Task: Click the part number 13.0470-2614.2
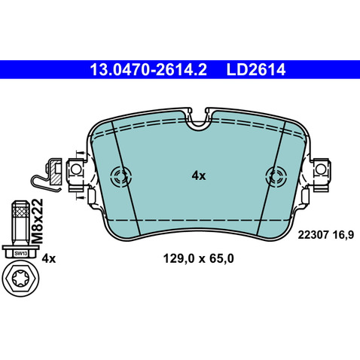[148, 69]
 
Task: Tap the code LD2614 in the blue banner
[256, 69]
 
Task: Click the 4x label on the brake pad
[199, 175]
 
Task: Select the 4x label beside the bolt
[49, 258]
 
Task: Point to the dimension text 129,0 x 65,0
[198, 258]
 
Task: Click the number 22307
[313, 235]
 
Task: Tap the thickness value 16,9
[343, 235]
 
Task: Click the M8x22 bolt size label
[38, 221]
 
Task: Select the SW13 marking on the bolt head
[20, 254]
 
